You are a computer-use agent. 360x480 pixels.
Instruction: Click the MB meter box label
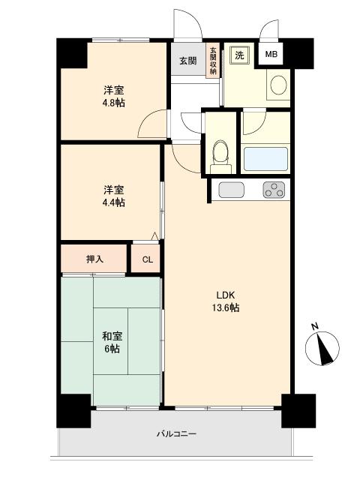tap(271, 55)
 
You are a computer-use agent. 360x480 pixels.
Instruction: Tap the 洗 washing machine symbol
tap(240, 55)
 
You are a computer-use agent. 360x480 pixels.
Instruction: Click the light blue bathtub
tap(265, 159)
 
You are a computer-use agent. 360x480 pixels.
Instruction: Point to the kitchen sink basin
tap(232, 190)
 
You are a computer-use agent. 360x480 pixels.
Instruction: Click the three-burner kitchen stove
tap(274, 190)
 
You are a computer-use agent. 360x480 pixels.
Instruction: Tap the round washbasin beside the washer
tap(278, 85)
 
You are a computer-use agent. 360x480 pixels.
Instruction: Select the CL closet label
tap(147, 260)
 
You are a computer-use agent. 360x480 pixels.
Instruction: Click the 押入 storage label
tap(94, 259)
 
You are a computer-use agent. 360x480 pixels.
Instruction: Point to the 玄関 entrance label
tap(187, 61)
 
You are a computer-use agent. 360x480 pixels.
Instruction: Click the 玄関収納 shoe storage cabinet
tap(213, 60)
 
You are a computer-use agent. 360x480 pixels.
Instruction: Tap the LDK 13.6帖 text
tap(226, 301)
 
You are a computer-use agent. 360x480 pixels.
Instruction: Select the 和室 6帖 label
tap(112, 343)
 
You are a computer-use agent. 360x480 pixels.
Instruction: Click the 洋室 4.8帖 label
tap(113, 97)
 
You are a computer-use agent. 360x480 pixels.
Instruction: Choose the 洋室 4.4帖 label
tap(113, 196)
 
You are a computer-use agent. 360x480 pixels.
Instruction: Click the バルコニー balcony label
tap(177, 433)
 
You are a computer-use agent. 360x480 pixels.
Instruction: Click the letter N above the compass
tap(315, 326)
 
